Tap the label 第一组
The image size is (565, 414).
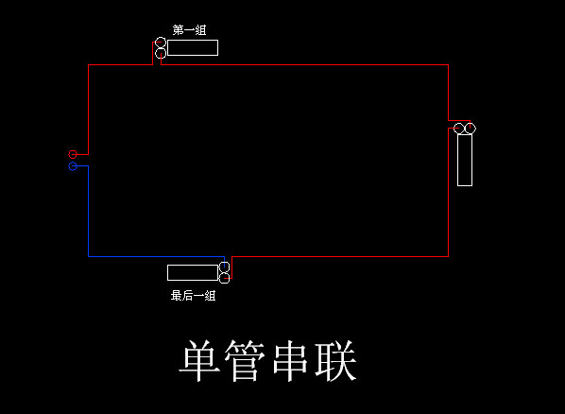click(189, 30)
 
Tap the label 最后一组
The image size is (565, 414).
click(193, 296)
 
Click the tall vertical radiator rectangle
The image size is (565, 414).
click(457, 160)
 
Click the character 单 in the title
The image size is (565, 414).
click(199, 361)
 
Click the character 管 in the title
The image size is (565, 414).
click(245, 361)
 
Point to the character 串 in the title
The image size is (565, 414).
click(290, 361)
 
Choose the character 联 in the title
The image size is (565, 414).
click(335, 361)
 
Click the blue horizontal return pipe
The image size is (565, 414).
click(157, 256)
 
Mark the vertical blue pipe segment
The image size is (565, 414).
click(88, 212)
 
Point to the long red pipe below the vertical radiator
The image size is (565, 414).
click(448, 192)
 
